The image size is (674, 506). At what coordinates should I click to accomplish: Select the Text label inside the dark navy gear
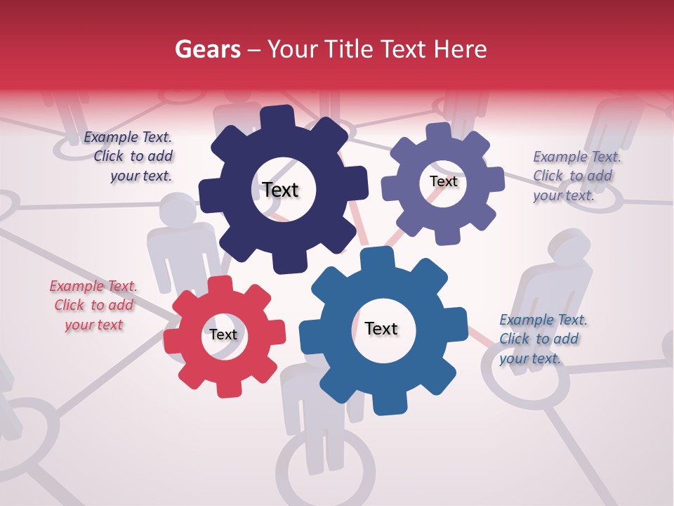coord(280,190)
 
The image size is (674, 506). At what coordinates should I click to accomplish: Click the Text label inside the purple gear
coord(443,181)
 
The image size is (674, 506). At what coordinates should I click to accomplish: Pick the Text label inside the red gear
coord(223,335)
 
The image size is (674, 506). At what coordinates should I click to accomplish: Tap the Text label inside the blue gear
coord(381,328)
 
